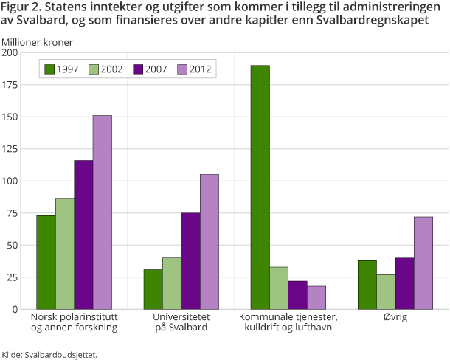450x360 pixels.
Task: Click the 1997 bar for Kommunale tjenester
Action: tap(260, 187)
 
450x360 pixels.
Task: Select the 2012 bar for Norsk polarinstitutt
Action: tap(103, 212)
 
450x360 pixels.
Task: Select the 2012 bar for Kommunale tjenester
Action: tap(316, 297)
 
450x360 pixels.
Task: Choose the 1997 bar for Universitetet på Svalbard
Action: tap(153, 288)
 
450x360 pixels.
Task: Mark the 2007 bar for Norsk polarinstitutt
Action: tap(83, 234)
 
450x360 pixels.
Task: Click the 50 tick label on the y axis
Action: tap(13, 245)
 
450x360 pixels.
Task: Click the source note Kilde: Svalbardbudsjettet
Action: tap(49, 354)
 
